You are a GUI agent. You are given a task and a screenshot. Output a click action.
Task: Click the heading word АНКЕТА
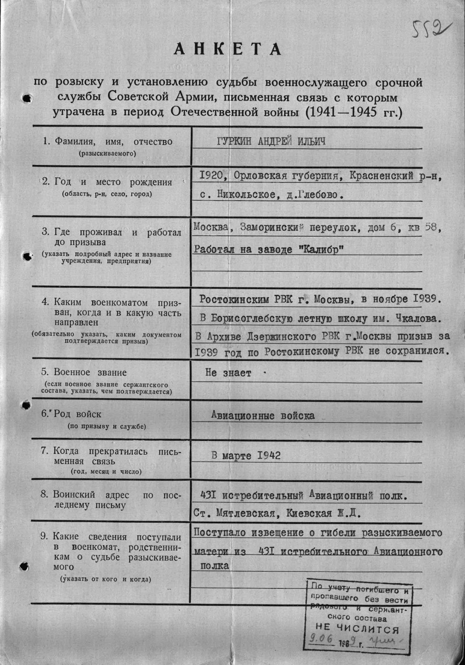[228, 50]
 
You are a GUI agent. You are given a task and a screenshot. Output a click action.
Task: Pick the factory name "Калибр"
[321, 250]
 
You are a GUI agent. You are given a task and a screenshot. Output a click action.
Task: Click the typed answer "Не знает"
[228, 373]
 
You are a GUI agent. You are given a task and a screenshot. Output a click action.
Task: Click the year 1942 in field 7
[267, 456]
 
